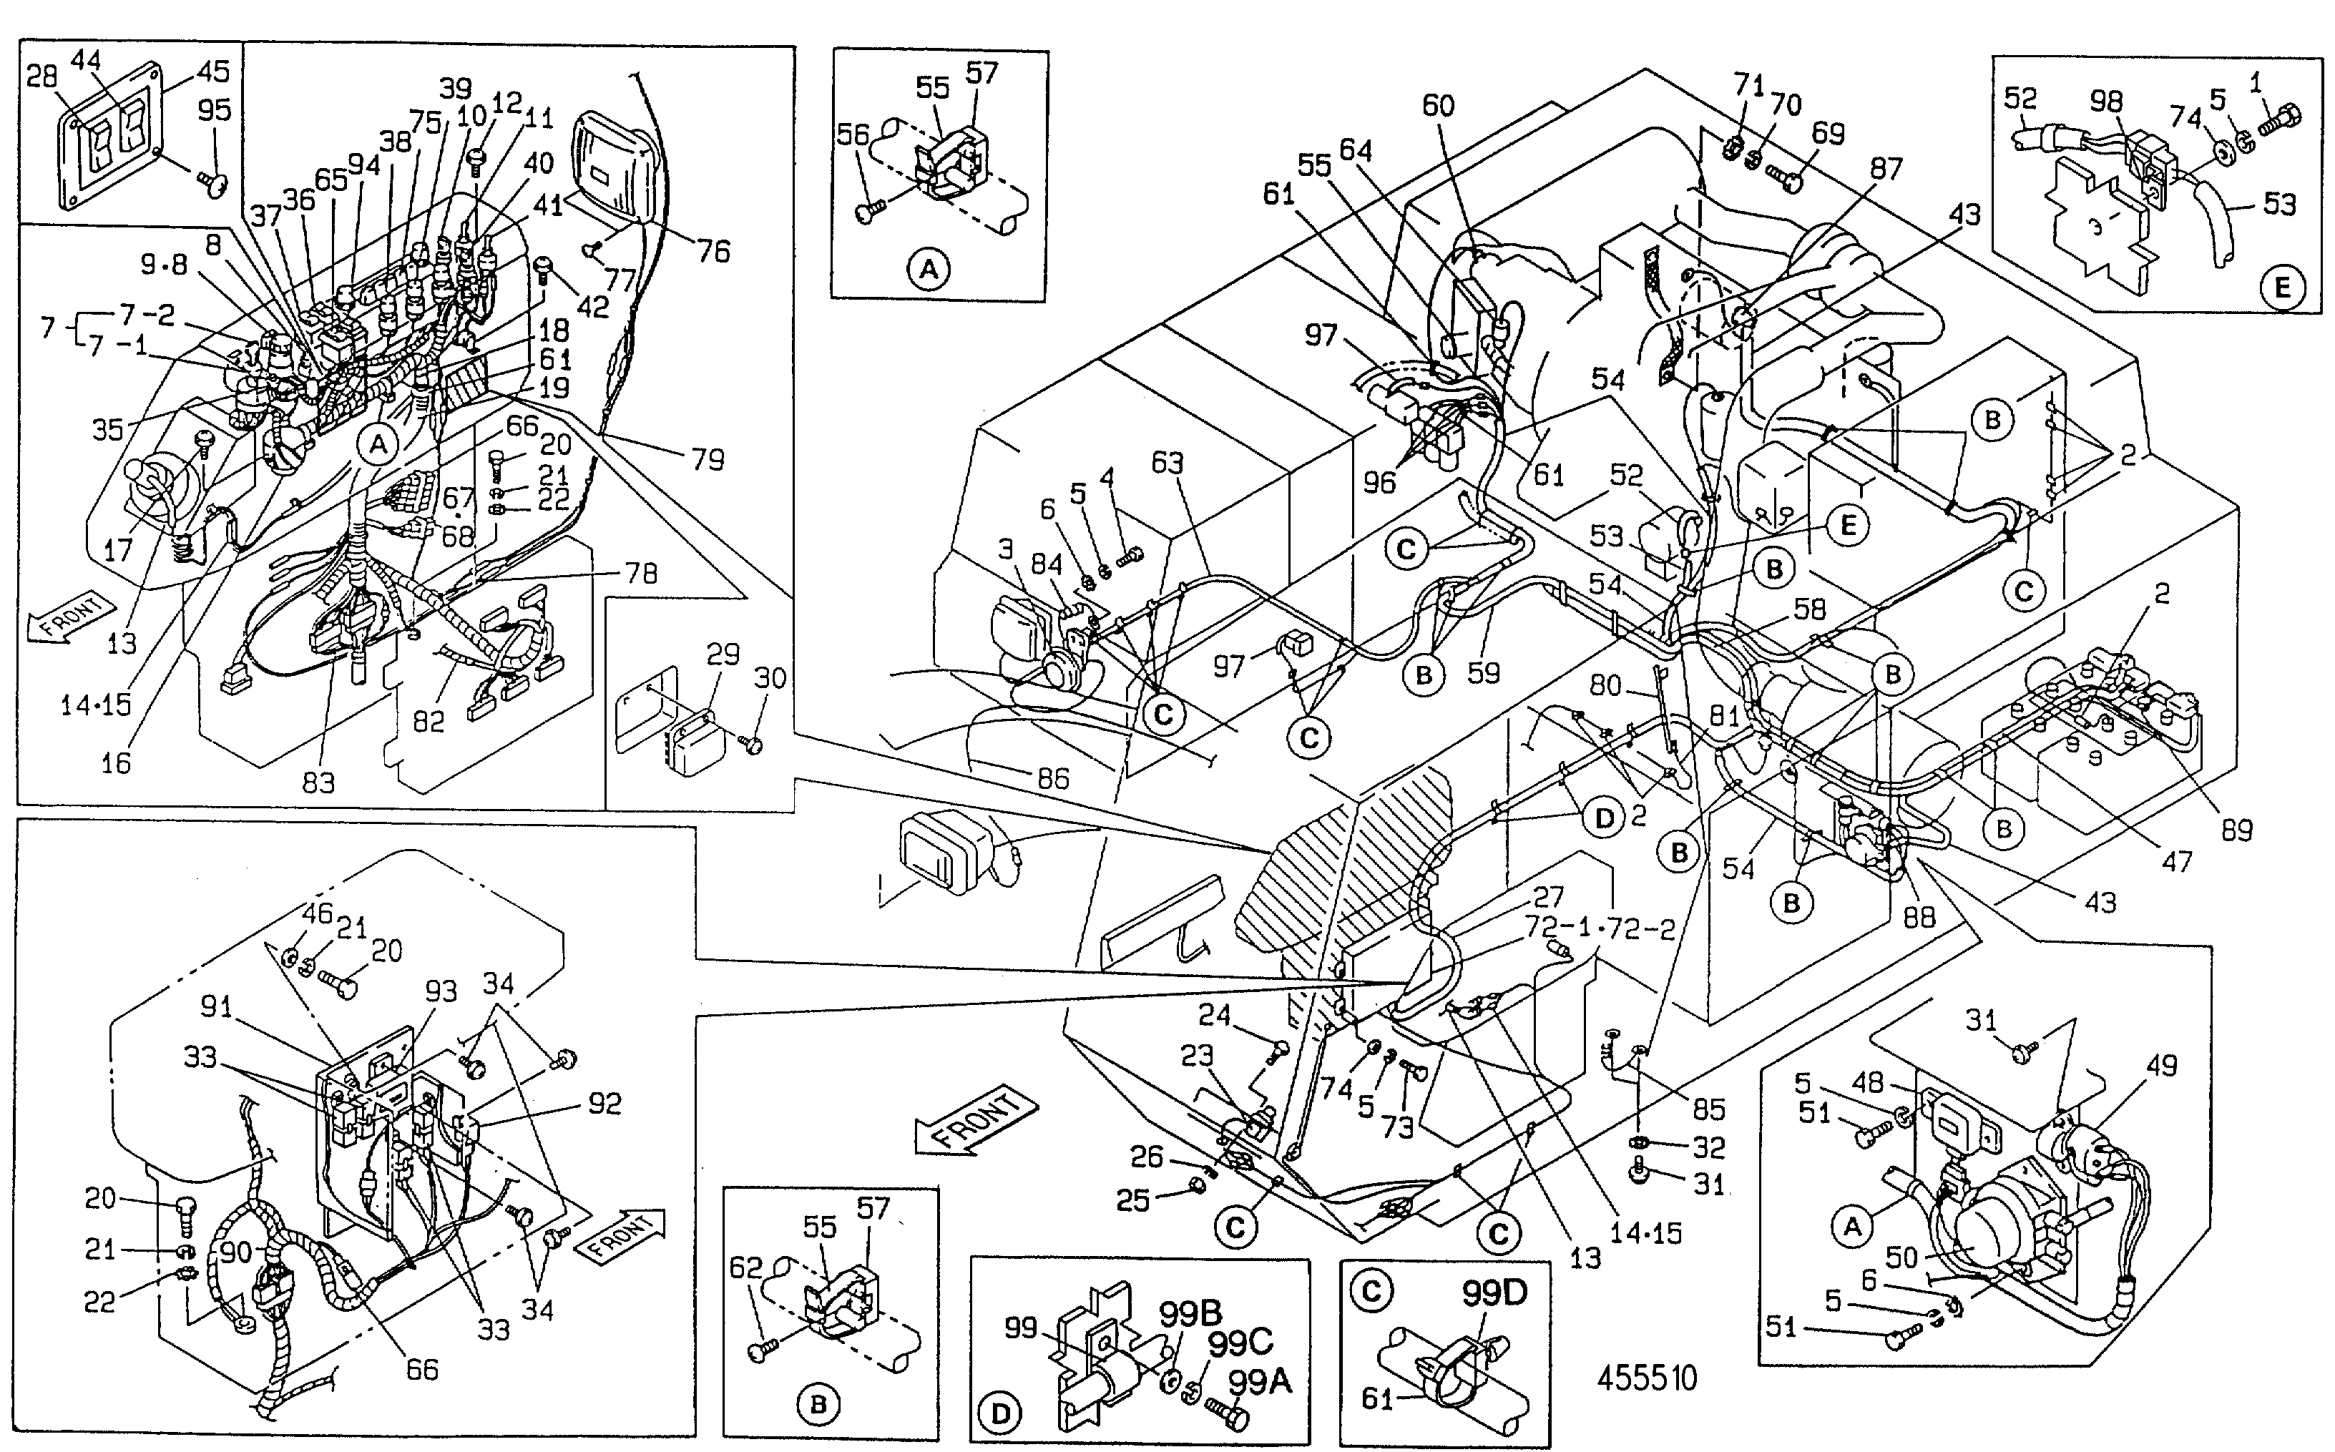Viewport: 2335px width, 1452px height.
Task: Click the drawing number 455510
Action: (x=1646, y=1378)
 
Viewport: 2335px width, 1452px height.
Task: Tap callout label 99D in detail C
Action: (x=1494, y=1293)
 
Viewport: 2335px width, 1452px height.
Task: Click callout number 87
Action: (x=1886, y=168)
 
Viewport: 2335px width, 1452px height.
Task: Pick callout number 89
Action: (x=2237, y=830)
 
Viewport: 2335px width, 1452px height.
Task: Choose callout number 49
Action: (x=2161, y=1065)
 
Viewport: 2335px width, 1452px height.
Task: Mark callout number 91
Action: (x=216, y=1006)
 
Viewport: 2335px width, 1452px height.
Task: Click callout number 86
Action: (x=1053, y=778)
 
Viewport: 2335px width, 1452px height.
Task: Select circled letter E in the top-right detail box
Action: (x=2283, y=286)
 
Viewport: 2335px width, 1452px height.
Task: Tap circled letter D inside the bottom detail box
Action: (x=1000, y=1413)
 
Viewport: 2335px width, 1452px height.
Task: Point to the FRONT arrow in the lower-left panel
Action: (x=620, y=1236)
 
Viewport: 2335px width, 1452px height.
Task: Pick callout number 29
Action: (x=723, y=654)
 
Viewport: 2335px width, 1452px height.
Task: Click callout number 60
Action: (x=1438, y=104)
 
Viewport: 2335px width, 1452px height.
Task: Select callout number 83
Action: (x=319, y=783)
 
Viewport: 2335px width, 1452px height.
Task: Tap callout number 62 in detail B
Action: (x=745, y=1267)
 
